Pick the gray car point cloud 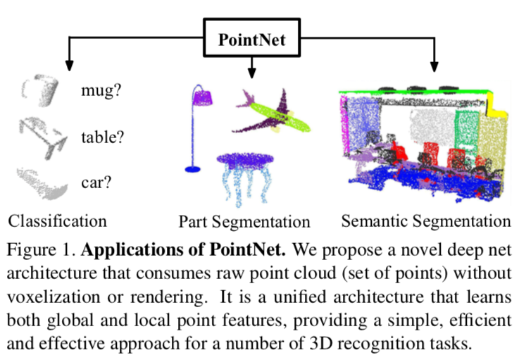coord(42,181)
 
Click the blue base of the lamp coord(192,169)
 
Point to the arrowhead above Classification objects coord(69,64)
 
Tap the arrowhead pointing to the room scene coord(434,68)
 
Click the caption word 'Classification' coord(58,221)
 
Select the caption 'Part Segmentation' coord(244,222)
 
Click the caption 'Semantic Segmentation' coord(426,221)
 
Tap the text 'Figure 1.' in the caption coord(40,250)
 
